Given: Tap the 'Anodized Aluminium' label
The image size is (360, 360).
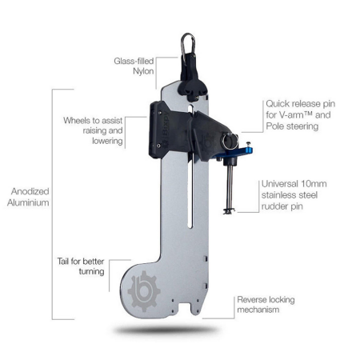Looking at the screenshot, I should tap(27, 198).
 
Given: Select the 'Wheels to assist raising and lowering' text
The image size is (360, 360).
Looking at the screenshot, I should tap(94, 130).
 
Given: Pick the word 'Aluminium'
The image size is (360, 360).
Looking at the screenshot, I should tap(27, 203).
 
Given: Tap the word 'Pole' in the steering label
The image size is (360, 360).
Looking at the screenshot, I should tap(275, 126).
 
